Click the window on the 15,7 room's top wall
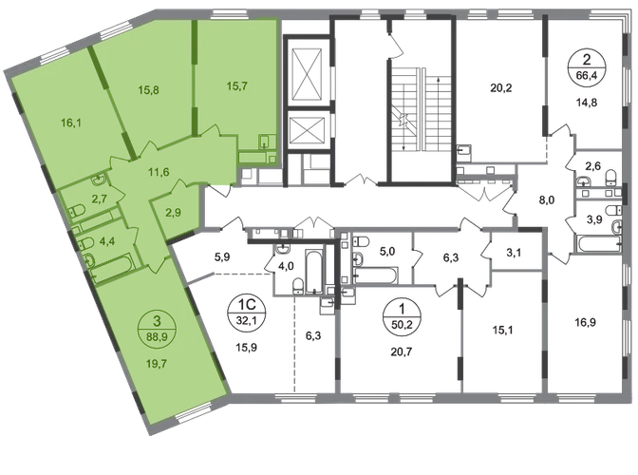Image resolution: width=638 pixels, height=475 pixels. click(x=238, y=18)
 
